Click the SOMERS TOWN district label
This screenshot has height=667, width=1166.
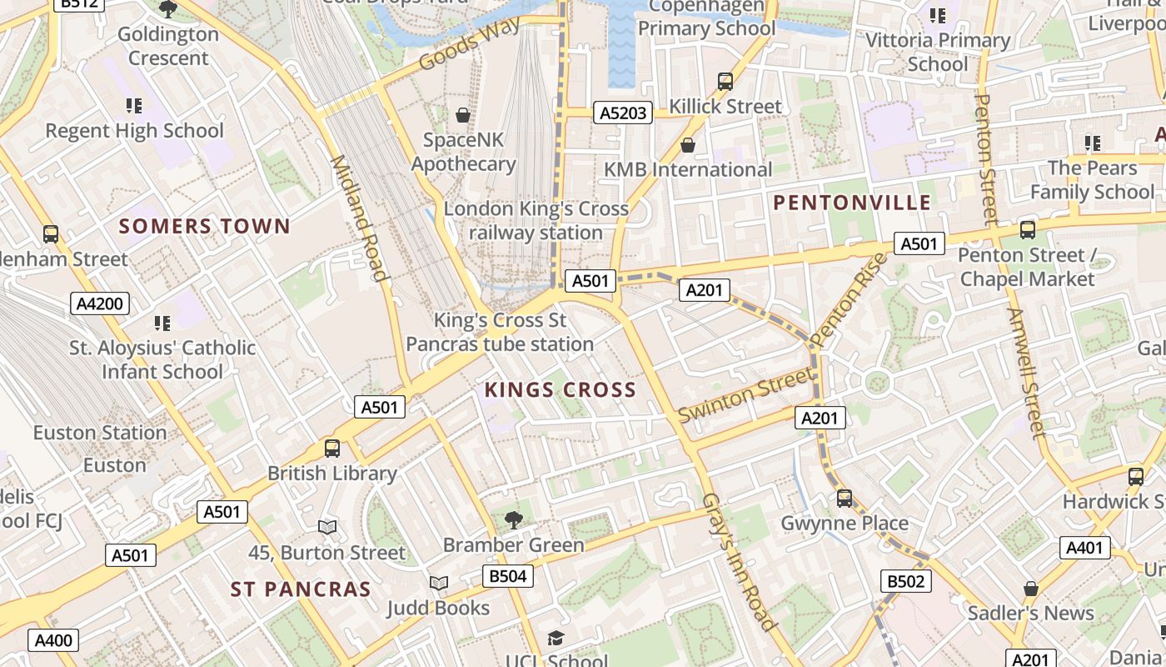click(204, 226)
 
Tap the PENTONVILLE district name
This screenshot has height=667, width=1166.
click(852, 203)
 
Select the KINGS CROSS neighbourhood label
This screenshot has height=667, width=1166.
click(560, 389)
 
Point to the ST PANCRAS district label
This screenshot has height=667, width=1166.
click(301, 589)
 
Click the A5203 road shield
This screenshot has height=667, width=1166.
click(622, 113)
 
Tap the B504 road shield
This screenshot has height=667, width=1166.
click(507, 576)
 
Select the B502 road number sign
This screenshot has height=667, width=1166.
click(905, 581)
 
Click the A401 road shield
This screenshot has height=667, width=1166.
click(1085, 548)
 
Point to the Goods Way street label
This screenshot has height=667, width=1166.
click(470, 43)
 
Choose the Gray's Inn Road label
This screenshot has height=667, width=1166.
click(739, 561)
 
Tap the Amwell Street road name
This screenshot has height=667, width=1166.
click(1025, 373)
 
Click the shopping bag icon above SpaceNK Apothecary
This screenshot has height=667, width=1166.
click(462, 115)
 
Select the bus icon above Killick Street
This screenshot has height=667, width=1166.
click(725, 82)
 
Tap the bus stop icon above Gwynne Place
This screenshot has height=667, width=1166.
click(845, 499)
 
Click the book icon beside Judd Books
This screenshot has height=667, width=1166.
click(439, 583)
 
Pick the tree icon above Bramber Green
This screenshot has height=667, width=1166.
click(514, 520)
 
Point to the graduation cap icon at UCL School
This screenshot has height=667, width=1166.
click(556, 639)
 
